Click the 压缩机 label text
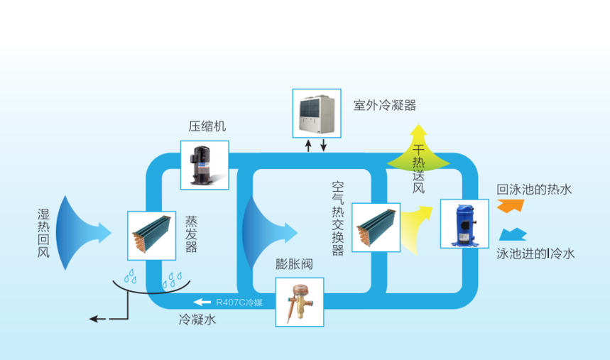(207, 127)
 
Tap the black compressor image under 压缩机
(205, 164)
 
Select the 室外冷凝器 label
(385, 106)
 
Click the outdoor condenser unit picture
(317, 112)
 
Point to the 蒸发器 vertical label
(191, 234)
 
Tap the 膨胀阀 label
(294, 265)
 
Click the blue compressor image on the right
(464, 223)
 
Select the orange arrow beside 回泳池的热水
(510, 205)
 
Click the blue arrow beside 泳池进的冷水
(513, 235)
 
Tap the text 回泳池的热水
(534, 190)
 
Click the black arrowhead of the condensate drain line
(94, 319)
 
